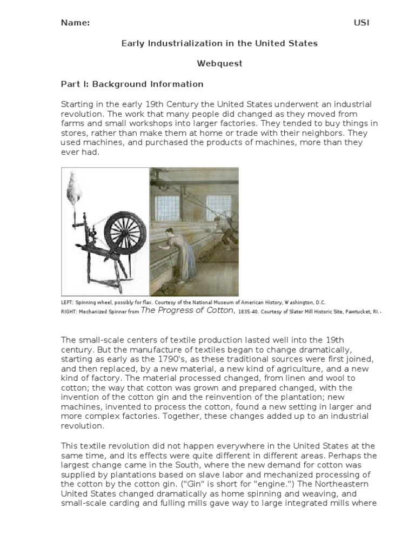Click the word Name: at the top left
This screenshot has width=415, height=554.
pos(75,23)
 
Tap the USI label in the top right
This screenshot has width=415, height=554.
pos(362,23)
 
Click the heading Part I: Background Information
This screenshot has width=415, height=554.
pos(132,84)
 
